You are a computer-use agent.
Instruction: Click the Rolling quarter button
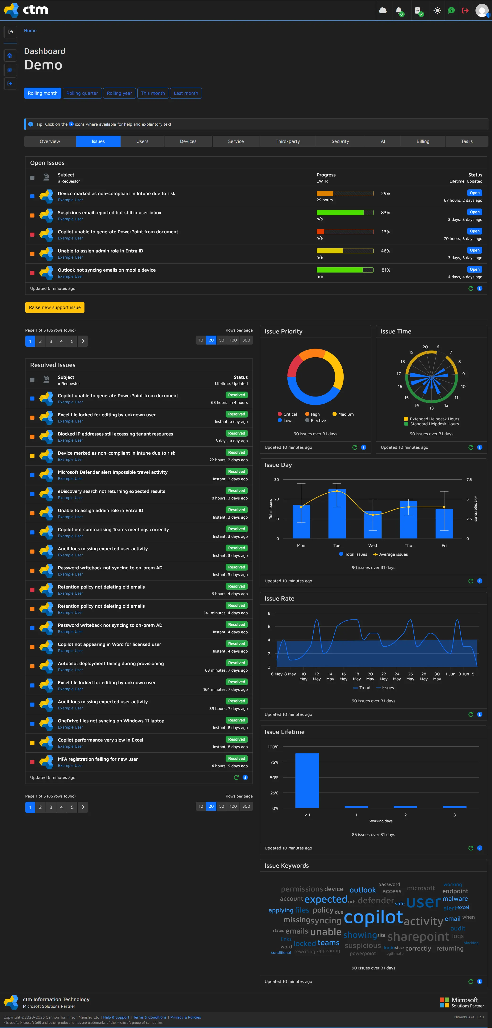tap(82, 93)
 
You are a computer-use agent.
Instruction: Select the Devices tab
tap(188, 141)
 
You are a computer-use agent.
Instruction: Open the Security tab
tap(340, 141)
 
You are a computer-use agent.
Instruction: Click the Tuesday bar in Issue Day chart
tap(337, 514)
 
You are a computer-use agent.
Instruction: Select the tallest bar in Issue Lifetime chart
tap(307, 780)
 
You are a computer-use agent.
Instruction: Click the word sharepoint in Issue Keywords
tap(418, 936)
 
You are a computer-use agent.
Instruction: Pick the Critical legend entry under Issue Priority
tap(287, 414)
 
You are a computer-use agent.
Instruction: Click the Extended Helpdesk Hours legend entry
tap(431, 419)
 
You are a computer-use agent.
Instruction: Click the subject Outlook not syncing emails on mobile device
tap(107, 270)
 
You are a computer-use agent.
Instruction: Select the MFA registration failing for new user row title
tap(98, 759)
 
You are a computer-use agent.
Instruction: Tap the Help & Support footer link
tap(116, 1017)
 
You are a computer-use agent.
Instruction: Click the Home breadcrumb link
tap(30, 31)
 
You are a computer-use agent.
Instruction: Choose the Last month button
tap(186, 93)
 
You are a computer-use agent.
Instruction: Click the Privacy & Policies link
tap(185, 1017)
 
